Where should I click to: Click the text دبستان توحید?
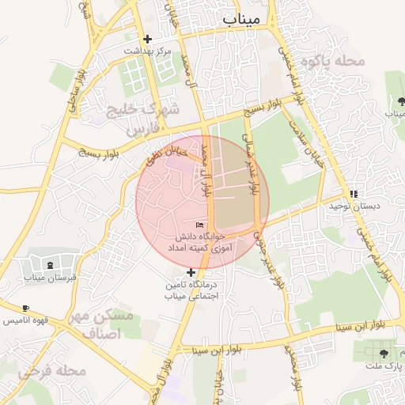(x=377, y=206)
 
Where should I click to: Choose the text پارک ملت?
(x=384, y=367)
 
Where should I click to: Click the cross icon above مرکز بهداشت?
(x=147, y=39)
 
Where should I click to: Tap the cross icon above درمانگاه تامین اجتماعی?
(x=190, y=272)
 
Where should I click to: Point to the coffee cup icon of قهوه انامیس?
(x=26, y=308)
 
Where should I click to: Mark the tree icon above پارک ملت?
(x=384, y=354)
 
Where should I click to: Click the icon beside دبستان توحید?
(x=354, y=194)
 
